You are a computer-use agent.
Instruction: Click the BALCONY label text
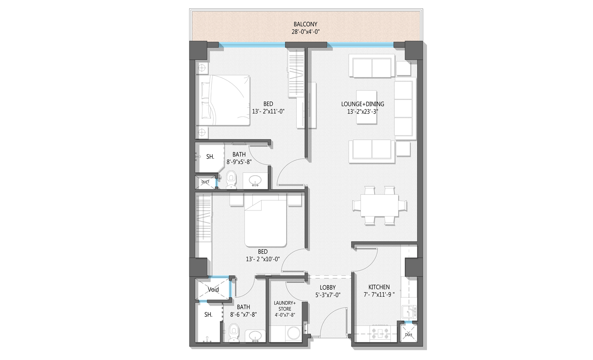[x=305, y=25]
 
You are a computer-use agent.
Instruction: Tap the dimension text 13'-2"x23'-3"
[x=363, y=112]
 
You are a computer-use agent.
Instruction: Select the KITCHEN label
[x=379, y=287]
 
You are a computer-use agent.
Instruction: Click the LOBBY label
[x=327, y=288]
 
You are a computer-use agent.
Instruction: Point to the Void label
[x=213, y=290]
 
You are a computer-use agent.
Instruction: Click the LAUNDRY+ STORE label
[x=285, y=306]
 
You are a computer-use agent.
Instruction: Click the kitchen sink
[x=409, y=312]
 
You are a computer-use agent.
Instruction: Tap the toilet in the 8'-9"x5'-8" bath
[x=231, y=180]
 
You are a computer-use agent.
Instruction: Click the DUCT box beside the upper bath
[x=205, y=182]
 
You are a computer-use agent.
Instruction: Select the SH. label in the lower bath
[x=208, y=315]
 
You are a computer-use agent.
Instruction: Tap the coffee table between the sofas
[x=366, y=107]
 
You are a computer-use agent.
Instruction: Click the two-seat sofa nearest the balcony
[x=372, y=66]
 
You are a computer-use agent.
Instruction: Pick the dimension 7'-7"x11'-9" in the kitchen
[x=379, y=295]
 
